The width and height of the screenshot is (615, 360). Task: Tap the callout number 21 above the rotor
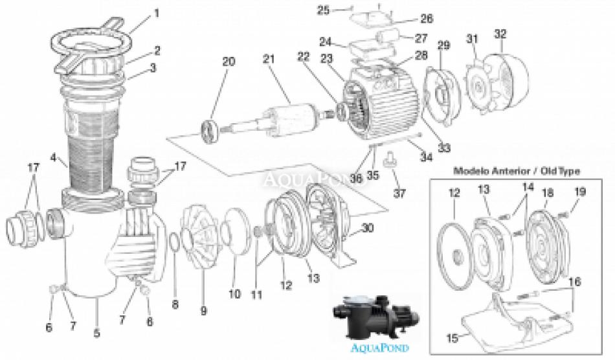269,60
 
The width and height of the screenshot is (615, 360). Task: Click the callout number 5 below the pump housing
96,334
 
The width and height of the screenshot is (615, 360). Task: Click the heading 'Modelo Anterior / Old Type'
516,171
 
